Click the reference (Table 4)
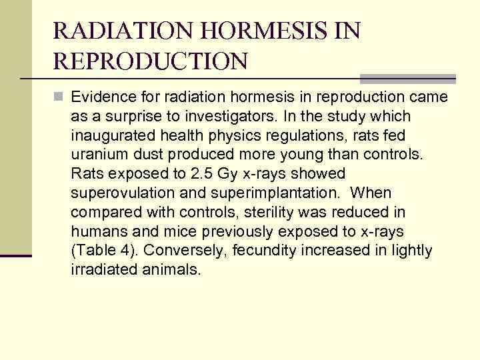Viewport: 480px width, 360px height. [104, 251]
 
